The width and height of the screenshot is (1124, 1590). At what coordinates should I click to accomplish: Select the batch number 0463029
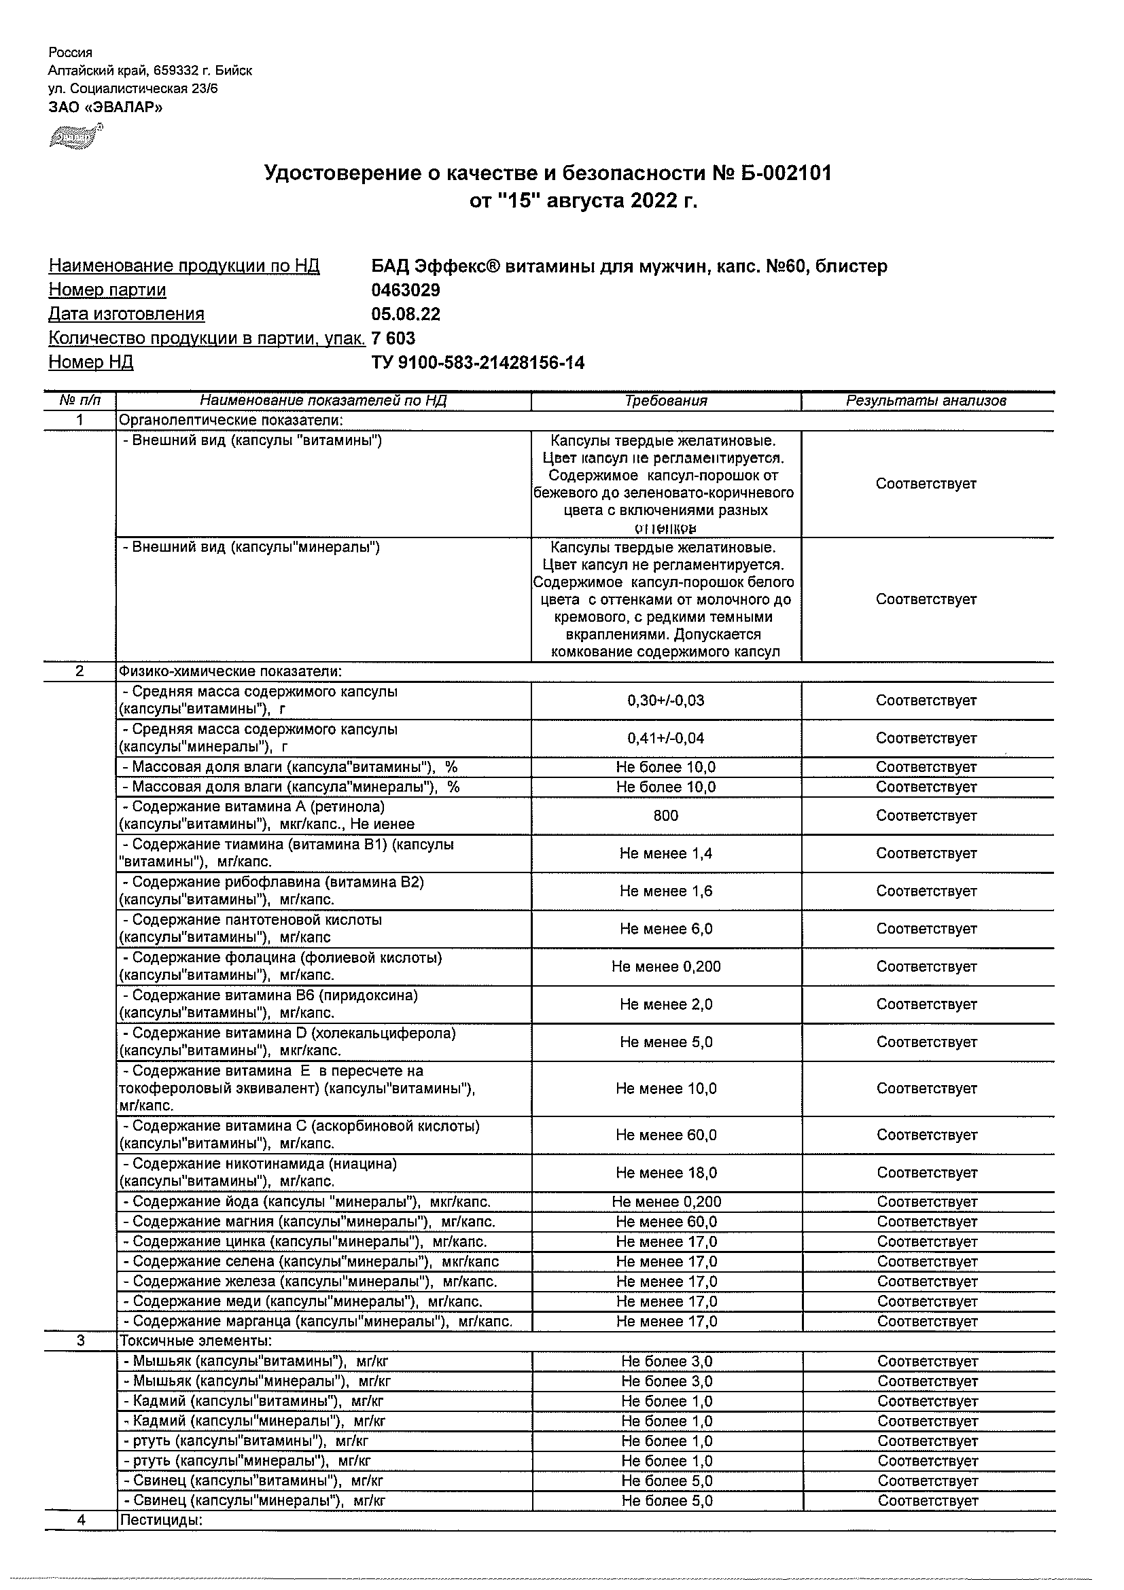point(406,290)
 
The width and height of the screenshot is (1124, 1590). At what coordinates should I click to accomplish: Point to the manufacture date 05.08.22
point(406,315)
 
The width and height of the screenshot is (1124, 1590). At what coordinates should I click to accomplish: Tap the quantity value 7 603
point(393,338)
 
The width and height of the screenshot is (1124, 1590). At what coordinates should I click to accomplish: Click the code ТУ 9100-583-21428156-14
point(478,362)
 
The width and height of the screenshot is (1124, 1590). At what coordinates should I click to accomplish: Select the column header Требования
point(665,400)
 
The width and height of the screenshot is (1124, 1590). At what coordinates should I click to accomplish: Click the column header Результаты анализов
point(926,400)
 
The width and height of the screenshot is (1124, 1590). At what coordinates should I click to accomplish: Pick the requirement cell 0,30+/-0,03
point(665,701)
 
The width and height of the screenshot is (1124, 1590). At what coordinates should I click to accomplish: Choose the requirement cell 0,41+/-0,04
point(665,738)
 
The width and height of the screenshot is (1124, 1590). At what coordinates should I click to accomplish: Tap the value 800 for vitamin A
point(665,816)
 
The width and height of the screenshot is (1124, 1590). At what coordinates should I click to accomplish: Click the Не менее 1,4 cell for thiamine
point(665,854)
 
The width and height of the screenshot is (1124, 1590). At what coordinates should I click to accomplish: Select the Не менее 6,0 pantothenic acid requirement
point(665,930)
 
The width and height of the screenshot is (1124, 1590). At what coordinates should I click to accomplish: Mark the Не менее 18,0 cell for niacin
point(666,1173)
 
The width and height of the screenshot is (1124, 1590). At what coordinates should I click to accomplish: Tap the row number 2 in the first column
point(80,672)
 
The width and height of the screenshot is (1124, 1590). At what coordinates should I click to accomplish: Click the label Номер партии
point(107,290)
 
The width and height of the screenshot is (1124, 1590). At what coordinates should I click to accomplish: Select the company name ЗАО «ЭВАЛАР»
point(105,107)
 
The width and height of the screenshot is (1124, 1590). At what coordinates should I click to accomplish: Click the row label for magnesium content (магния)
point(314,1222)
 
